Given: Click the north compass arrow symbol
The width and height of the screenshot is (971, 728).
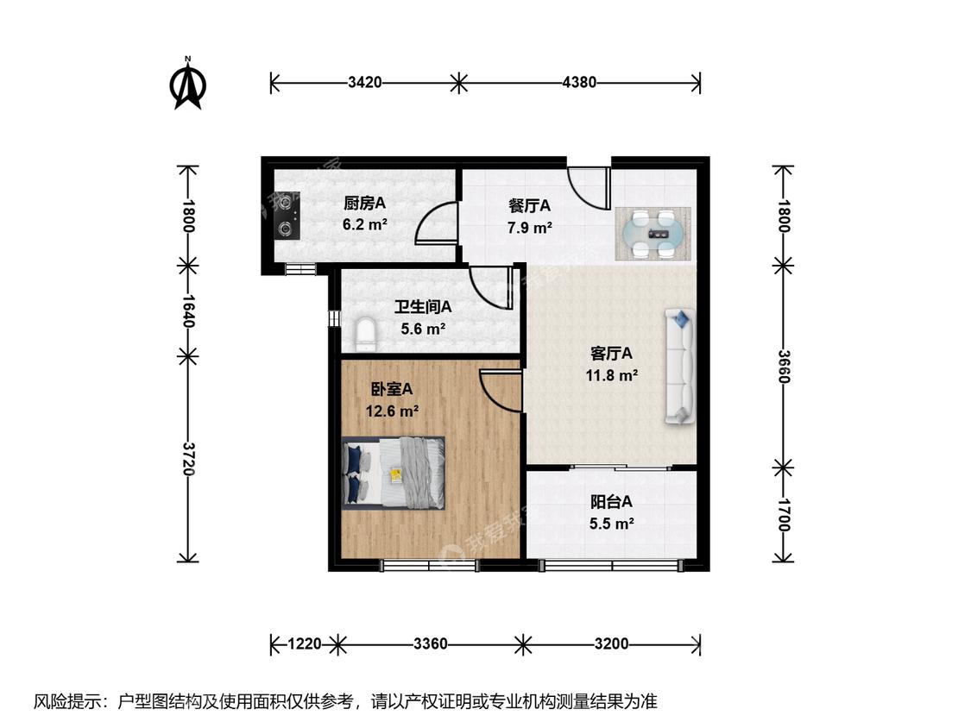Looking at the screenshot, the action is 187,85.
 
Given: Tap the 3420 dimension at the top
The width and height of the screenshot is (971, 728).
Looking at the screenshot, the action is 365,82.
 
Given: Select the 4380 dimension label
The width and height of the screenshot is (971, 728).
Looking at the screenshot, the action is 579,82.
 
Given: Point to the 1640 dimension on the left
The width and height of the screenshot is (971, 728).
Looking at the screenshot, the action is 188,311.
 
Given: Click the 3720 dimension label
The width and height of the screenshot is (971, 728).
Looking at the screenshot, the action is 188,459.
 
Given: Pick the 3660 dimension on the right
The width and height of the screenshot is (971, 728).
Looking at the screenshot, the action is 784,367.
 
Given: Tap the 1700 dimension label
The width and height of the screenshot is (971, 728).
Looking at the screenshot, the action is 784,514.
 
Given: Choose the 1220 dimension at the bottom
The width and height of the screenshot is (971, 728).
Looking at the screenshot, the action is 305,643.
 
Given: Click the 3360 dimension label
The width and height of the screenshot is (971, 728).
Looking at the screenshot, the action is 431,643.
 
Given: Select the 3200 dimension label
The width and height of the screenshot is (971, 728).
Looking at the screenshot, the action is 611,643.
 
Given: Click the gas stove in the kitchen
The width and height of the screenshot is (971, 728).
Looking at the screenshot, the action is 287,216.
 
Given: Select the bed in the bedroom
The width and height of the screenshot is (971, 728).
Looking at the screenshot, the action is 394,473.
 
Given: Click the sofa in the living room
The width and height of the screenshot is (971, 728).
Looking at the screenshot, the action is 680,367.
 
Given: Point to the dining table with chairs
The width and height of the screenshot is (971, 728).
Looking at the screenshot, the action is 653,234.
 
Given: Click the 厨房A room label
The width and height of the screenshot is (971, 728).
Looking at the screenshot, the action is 365,203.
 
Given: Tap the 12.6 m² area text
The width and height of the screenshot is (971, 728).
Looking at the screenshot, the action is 392,411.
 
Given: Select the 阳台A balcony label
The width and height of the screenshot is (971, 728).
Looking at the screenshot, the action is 611,501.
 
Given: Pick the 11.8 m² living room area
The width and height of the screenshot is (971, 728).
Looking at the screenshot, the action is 612,375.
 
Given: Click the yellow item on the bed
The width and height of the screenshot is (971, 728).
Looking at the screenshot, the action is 395,474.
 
